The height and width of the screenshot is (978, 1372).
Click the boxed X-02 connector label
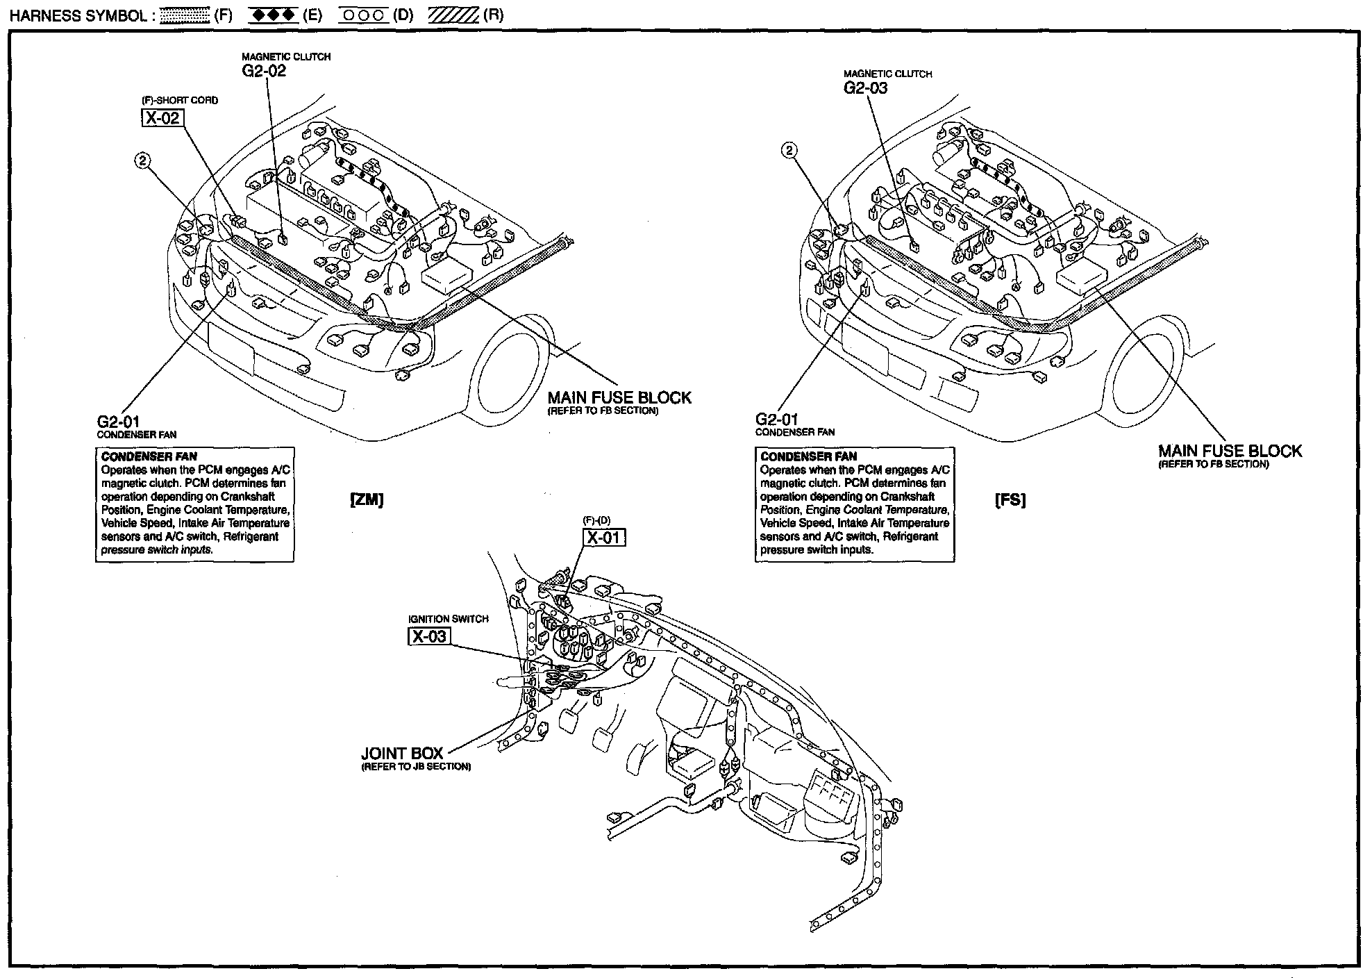162,118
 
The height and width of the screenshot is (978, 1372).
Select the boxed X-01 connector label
604,538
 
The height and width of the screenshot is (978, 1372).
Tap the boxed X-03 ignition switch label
428,636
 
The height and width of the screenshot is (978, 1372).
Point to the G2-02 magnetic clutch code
264,71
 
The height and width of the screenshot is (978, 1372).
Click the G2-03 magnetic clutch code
866,88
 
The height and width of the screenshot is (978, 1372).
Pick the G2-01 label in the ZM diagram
119,422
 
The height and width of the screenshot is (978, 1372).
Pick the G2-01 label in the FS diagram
777,420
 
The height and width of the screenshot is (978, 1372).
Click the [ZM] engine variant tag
367,500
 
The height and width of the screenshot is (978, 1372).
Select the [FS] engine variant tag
1010,500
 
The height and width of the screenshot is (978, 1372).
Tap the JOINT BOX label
402,754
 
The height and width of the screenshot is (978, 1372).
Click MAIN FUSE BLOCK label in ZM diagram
619,398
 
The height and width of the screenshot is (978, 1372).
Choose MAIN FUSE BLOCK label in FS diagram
1230,451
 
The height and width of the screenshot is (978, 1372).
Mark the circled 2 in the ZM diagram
142,160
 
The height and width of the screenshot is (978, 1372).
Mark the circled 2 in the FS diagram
789,150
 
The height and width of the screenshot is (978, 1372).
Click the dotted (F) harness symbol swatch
185,16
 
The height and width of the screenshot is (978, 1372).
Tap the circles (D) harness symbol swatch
363,16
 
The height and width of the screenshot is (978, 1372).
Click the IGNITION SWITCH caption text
449,619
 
